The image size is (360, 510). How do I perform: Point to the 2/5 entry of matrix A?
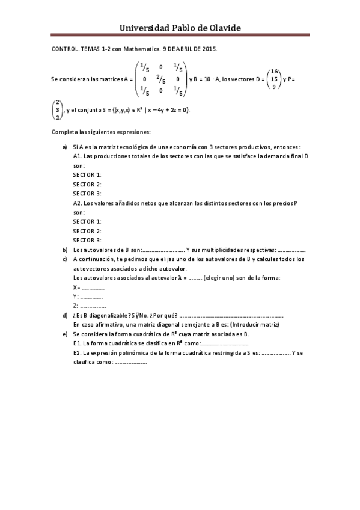(160, 78)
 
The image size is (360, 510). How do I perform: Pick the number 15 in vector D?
(274, 79)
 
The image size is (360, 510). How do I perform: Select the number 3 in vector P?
(57, 110)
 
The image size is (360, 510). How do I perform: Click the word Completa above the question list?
(65, 131)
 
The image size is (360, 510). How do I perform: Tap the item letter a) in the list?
(65, 147)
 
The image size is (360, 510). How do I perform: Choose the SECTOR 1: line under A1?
(87, 174)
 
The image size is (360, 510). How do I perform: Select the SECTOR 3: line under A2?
(87, 240)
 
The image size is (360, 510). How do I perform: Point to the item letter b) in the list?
(65, 250)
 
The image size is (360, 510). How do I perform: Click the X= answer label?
(76, 287)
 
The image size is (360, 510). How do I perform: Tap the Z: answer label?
(75, 306)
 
